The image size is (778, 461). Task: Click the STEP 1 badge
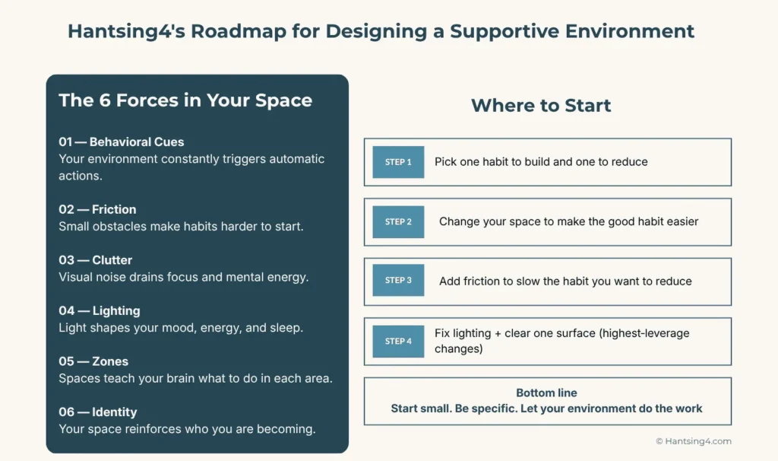(398, 162)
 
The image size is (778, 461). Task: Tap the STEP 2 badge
(398, 222)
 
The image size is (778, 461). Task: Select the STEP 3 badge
(398, 281)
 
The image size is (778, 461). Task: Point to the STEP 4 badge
(398, 342)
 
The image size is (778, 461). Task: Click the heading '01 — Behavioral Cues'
(121, 141)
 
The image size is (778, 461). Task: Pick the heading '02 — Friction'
(97, 209)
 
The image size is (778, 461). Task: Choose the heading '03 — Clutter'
(95, 260)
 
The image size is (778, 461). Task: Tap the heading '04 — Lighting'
(99, 310)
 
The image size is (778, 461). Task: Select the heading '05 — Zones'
(93, 361)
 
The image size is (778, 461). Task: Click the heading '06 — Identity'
(97, 412)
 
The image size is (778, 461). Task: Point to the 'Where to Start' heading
(541, 106)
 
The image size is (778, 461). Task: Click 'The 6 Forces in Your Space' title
(185, 100)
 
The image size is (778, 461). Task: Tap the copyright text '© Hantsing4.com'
(693, 441)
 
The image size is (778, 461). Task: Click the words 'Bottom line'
(546, 393)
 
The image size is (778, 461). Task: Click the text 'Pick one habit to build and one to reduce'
(541, 162)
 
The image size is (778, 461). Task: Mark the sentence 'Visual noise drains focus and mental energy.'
(184, 277)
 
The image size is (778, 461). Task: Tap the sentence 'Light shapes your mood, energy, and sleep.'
(181, 327)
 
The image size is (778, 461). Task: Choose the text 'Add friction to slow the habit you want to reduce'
(565, 281)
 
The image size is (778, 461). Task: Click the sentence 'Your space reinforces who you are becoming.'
(187, 428)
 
